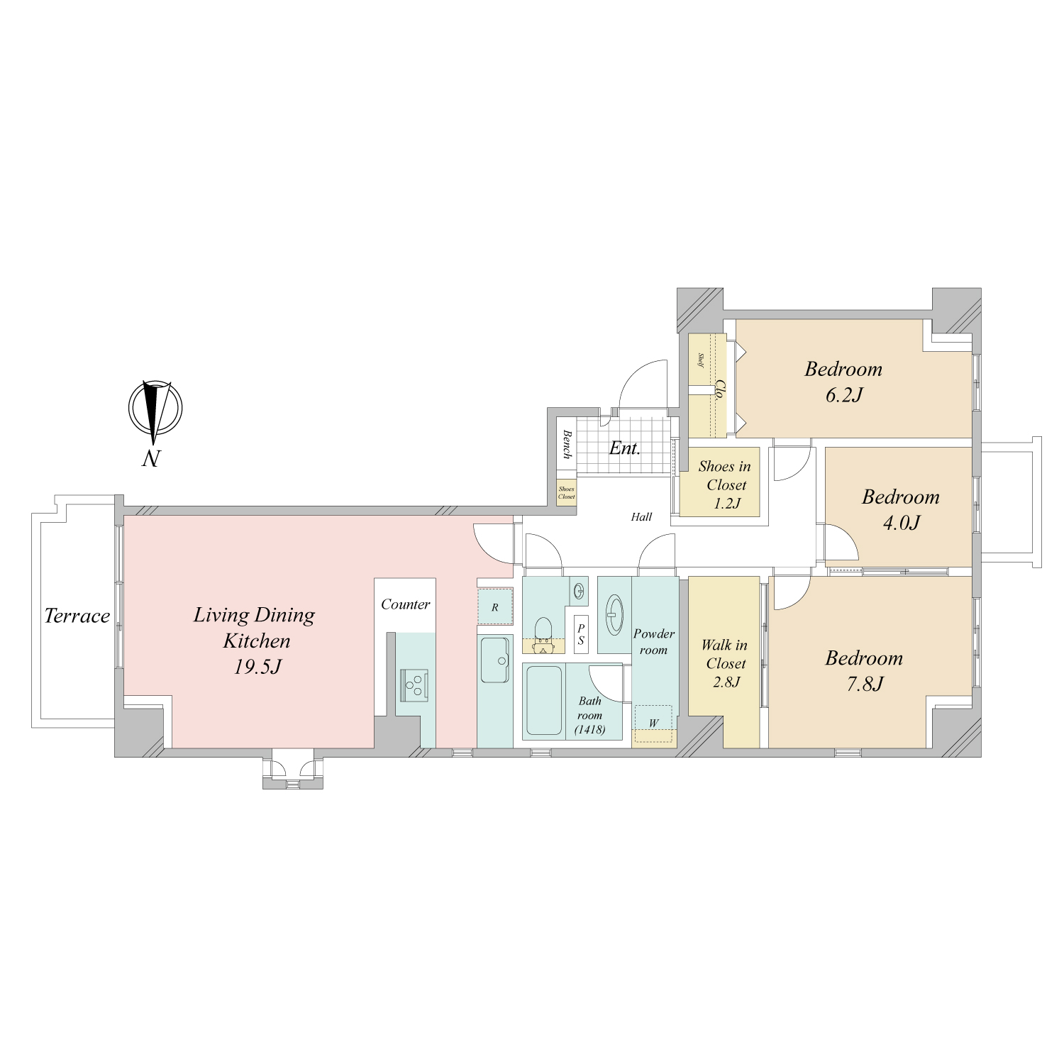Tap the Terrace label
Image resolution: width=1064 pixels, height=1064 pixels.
click(77, 616)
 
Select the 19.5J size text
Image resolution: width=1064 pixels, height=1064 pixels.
click(258, 667)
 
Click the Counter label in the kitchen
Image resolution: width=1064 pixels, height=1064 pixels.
click(405, 604)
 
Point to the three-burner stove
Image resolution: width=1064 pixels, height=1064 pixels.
click(414, 685)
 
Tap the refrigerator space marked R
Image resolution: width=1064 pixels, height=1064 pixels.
click(495, 607)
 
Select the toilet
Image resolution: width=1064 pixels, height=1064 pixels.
click(543, 633)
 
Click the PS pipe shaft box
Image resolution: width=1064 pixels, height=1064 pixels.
click(581, 634)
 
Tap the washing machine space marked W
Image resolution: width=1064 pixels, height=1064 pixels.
click(653, 724)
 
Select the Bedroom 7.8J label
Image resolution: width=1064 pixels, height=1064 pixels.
click(864, 670)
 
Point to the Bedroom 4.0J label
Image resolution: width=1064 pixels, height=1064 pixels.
click(901, 509)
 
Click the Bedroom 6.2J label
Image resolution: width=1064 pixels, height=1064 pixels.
click(843, 382)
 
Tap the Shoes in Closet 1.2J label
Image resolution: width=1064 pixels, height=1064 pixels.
click(725, 485)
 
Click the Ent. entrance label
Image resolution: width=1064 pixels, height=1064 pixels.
click(625, 448)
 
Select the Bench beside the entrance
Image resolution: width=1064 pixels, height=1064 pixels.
click(567, 444)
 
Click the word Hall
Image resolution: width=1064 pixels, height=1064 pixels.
click(641, 517)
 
